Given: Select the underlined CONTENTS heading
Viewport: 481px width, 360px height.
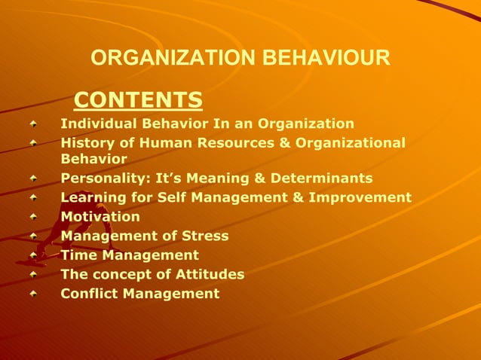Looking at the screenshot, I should pyautogui.click(x=139, y=99).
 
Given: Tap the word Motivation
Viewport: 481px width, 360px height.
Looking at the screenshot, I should pyautogui.click(x=100, y=217).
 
